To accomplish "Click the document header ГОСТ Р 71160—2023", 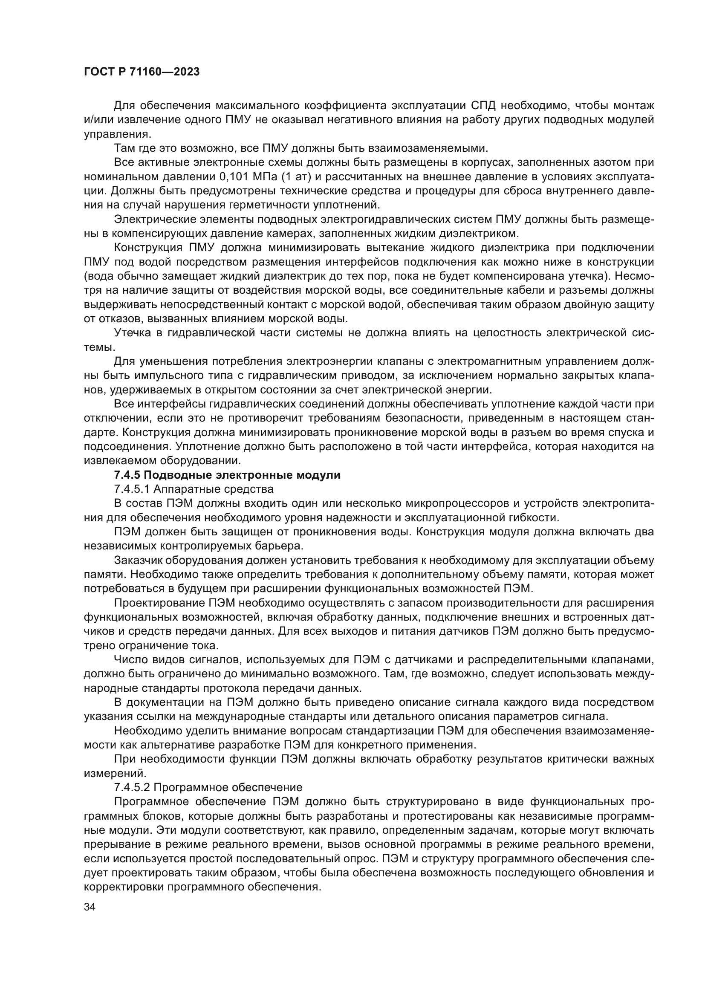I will [x=142, y=72].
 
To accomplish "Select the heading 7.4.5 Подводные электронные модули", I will [x=227, y=475].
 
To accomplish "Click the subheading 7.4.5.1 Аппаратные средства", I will [x=194, y=489].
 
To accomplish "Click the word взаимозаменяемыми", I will [x=428, y=148].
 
